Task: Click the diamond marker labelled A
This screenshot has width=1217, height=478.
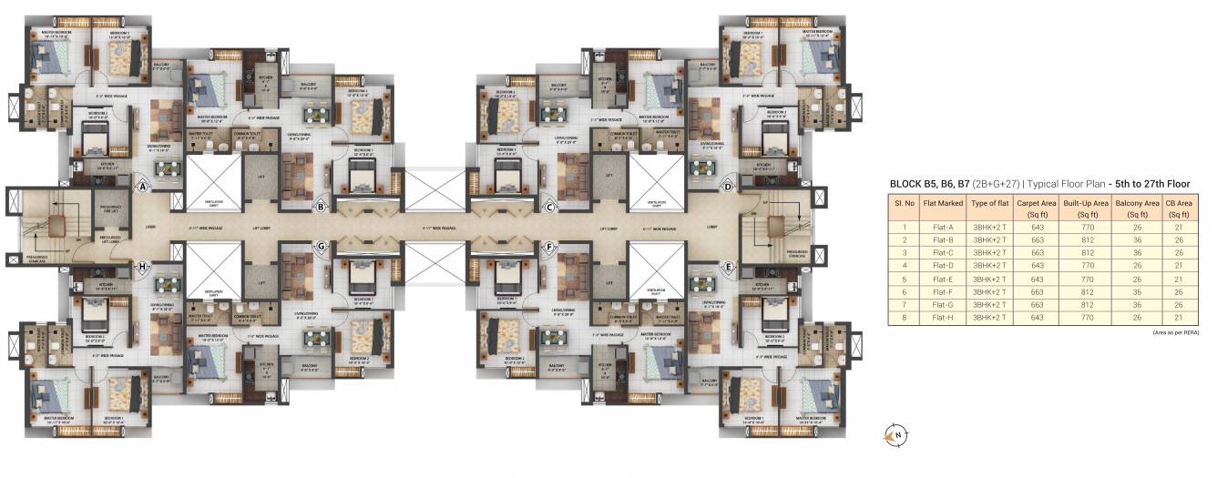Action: click(x=143, y=187)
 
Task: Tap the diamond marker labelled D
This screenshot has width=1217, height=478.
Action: click(x=728, y=187)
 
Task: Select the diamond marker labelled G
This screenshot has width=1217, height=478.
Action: click(x=321, y=246)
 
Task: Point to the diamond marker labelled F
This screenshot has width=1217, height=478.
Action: click(x=550, y=246)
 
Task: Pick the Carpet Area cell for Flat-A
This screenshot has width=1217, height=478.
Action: click(x=1035, y=227)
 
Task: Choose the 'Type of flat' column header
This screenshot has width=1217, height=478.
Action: click(x=990, y=208)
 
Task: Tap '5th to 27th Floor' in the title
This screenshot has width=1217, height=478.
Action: click(x=1150, y=184)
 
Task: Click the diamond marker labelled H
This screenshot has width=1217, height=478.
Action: click(x=143, y=266)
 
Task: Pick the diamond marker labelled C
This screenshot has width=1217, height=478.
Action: click(x=550, y=207)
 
